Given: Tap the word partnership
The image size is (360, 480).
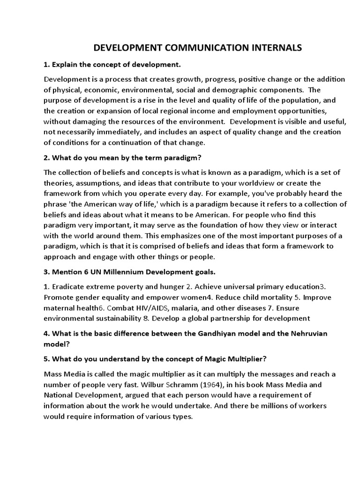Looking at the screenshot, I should click(240, 319).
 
